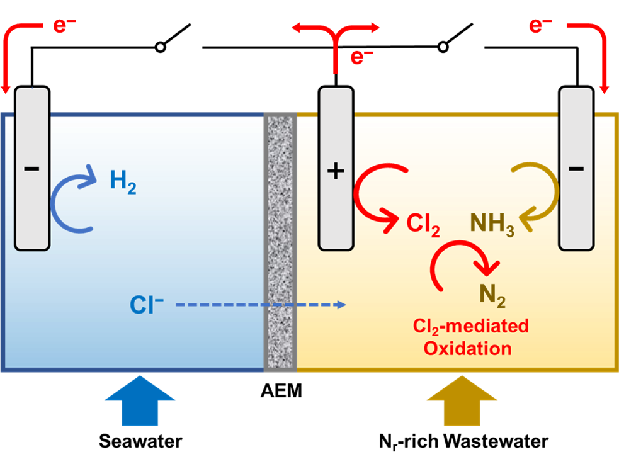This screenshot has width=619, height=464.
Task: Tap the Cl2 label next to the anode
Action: [423, 224]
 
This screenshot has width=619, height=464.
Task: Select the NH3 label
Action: [492, 224]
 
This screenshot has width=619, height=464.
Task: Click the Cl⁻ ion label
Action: [147, 305]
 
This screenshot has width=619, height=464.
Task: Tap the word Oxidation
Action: [467, 348]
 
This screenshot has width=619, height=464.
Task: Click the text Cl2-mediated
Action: [470, 326]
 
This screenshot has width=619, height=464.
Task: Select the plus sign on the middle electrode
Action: [336, 171]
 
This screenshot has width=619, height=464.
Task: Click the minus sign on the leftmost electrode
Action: [31, 169]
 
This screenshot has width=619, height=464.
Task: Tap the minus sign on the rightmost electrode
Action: [576, 169]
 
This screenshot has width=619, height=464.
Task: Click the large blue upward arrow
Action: [140, 400]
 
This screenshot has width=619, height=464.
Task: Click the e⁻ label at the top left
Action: [64, 26]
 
